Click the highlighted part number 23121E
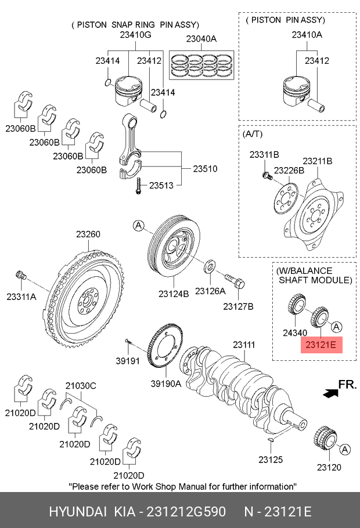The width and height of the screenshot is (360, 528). pyautogui.click(x=321, y=345)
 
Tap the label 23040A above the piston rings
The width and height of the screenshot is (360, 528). pyautogui.click(x=201, y=39)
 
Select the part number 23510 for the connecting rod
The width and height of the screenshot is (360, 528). pyautogui.click(x=205, y=169)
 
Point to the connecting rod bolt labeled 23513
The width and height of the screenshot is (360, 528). pyautogui.click(x=138, y=186)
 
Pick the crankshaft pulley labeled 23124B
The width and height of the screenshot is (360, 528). pyautogui.click(x=174, y=247)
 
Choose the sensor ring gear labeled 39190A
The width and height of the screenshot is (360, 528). pyautogui.click(x=165, y=347)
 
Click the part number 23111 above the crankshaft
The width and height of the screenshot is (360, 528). pyautogui.click(x=244, y=345)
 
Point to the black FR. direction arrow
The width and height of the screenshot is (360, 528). pyautogui.click(x=330, y=393)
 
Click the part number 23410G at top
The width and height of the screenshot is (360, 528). pyautogui.click(x=135, y=35)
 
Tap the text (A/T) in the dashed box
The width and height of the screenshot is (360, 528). pyautogui.click(x=253, y=134)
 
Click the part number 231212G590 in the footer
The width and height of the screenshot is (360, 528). pyautogui.click(x=186, y=512)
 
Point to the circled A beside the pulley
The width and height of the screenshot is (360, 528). pyautogui.click(x=139, y=226)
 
